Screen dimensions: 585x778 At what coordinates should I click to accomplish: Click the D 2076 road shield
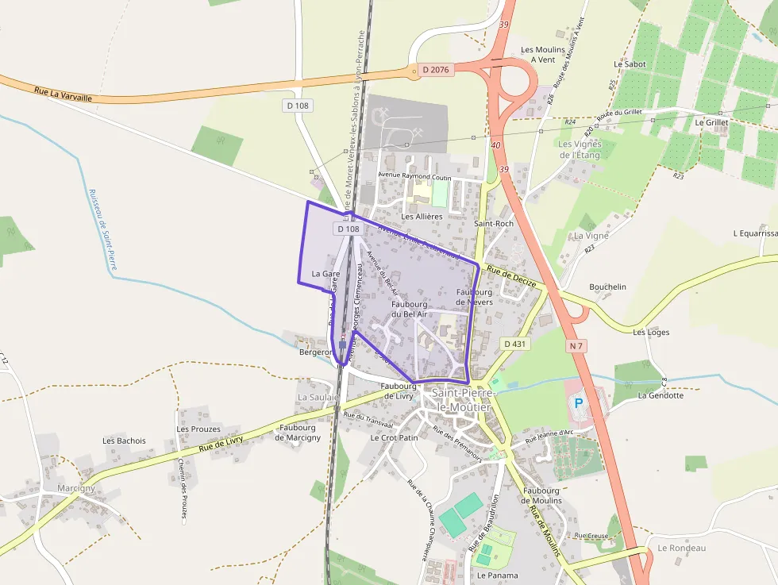point(436,70)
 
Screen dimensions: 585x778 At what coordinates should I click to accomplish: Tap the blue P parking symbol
point(579,402)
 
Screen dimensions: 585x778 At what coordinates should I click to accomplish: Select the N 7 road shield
point(577,345)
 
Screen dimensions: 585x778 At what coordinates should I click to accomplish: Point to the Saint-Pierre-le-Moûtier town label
point(461,400)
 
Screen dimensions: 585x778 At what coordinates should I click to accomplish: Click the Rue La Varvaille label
point(64,94)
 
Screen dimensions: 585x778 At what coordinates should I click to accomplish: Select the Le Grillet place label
point(711,123)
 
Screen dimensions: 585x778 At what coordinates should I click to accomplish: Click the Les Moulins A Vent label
point(543,54)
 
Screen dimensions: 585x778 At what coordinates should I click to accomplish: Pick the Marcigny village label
point(76,488)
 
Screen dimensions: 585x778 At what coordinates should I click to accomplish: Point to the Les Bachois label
point(125,441)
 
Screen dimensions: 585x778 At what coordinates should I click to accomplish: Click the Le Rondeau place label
point(682,548)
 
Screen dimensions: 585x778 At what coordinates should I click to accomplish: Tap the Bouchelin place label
point(608,287)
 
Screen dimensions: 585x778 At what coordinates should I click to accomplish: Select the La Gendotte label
point(661,395)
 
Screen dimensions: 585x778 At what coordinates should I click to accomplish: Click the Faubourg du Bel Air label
point(410,309)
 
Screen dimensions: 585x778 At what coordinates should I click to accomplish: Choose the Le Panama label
point(498,575)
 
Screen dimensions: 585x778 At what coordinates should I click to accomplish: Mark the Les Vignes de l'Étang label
point(580,149)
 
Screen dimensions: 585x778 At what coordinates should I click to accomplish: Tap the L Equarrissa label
point(755,233)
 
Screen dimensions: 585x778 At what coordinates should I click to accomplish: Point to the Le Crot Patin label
point(394,437)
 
